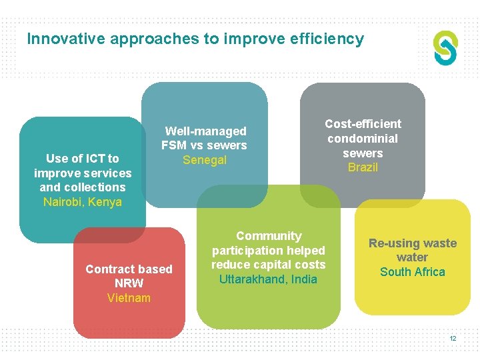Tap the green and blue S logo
click(446, 48)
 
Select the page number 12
click(453, 339)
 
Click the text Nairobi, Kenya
click(83, 202)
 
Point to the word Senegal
click(205, 160)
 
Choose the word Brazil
click(363, 167)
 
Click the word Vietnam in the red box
click(129, 298)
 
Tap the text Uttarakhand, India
click(268, 279)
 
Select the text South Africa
click(412, 272)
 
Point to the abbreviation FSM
click(175, 145)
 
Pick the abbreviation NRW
click(129, 283)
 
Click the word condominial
click(363, 139)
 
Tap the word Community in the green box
click(269, 236)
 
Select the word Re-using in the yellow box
click(391, 243)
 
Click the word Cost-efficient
click(363, 124)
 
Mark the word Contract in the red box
click(108, 269)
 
